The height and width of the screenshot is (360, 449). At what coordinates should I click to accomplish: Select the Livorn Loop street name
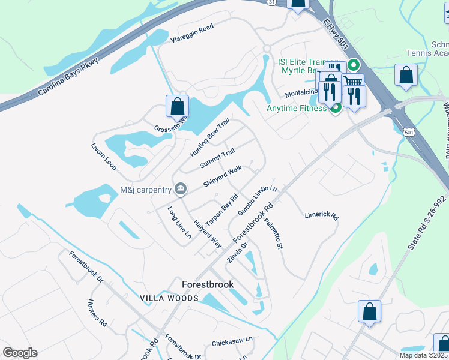pos(103,156)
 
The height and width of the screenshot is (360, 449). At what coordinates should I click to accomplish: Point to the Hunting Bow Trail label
pos(210,137)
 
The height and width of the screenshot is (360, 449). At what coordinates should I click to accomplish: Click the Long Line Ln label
pos(179,221)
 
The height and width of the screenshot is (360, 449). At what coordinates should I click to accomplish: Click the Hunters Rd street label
pos(97,312)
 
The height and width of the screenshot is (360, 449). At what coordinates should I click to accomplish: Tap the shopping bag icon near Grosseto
pos(178,107)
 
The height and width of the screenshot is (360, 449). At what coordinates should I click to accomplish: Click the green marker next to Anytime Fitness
pos(336,108)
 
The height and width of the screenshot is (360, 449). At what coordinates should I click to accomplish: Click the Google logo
pos(20,353)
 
